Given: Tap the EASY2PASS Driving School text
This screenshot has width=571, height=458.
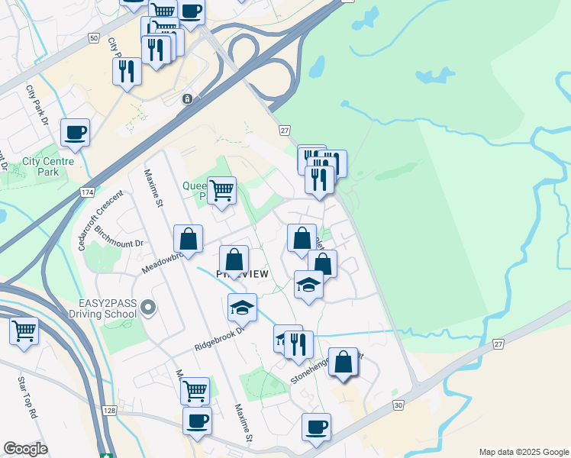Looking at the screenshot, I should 102,308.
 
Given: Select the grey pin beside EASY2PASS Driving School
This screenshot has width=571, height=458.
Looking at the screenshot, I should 148,308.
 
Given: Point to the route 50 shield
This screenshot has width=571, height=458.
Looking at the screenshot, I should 93,37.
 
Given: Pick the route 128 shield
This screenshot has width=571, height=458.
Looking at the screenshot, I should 110,411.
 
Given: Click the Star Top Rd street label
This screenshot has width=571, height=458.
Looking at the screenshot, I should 27,396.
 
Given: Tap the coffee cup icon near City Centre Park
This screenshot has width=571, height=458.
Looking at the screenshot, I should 75,132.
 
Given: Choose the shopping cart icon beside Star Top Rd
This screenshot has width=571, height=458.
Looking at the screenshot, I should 24,331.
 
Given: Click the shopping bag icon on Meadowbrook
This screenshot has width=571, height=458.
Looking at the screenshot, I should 188,239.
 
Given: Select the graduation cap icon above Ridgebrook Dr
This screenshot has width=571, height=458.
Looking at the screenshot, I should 242,308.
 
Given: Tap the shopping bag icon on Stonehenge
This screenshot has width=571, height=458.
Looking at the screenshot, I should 343,362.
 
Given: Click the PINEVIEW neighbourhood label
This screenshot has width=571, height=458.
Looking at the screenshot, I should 243,273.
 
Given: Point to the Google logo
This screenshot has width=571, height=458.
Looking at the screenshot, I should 25,449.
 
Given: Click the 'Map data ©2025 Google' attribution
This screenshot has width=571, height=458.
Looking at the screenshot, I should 523,452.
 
